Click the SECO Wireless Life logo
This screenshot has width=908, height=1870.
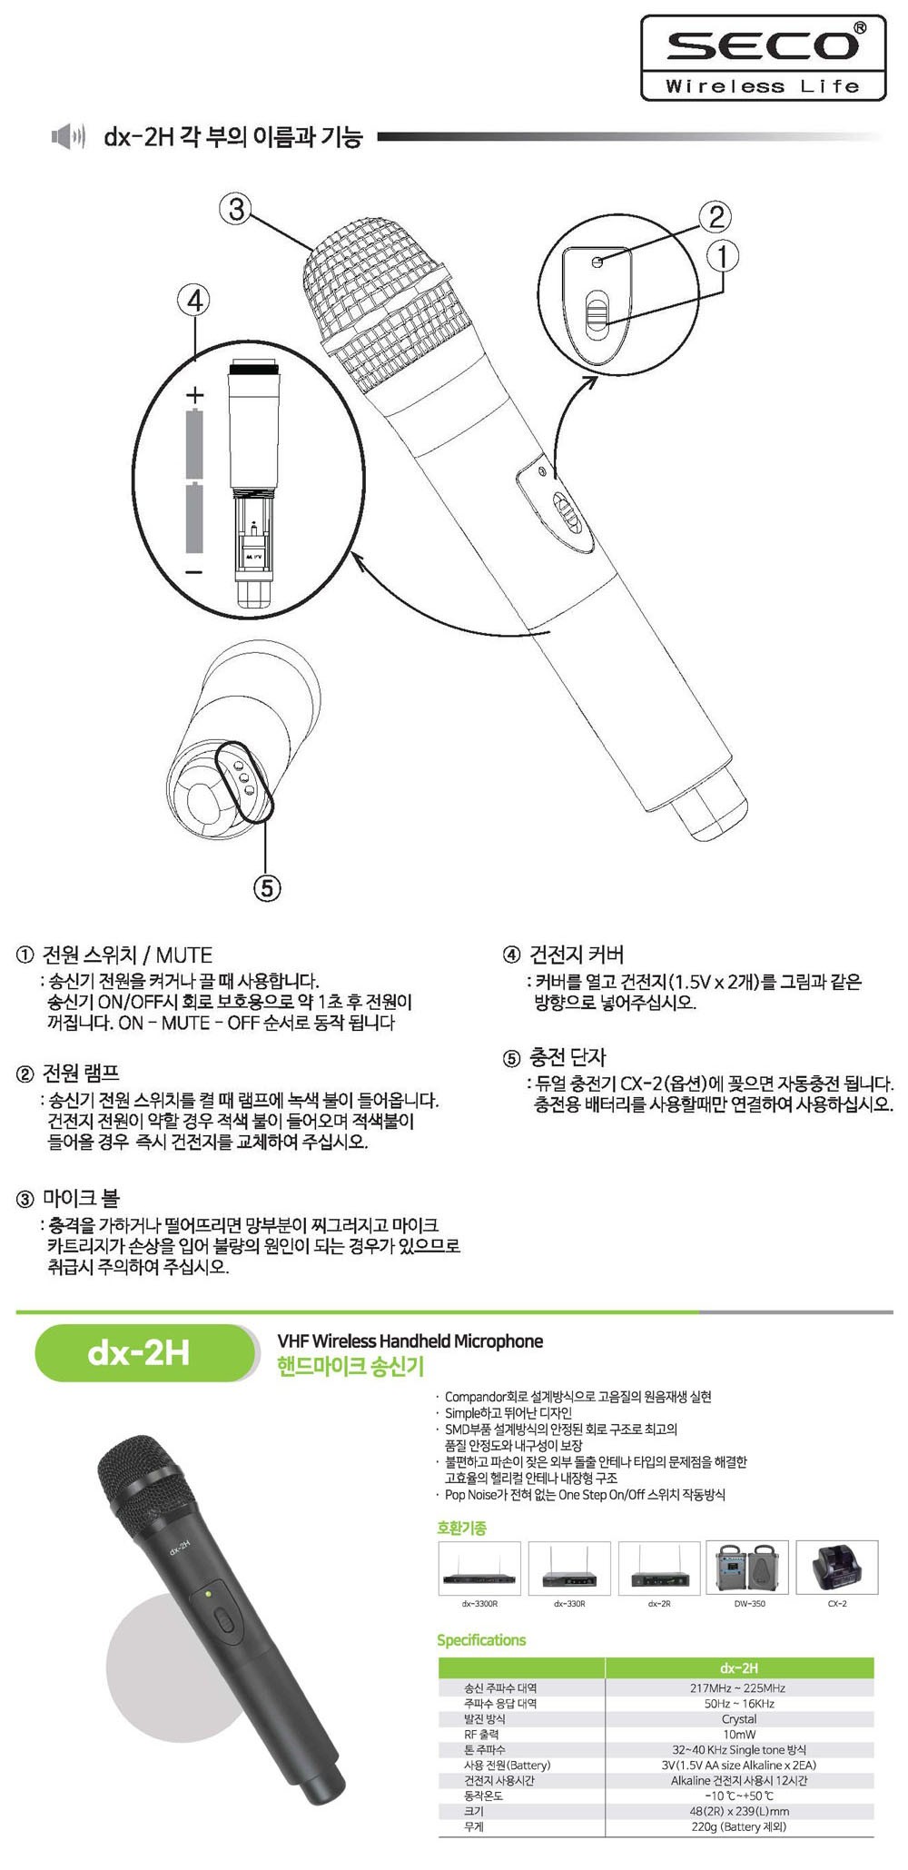[x=763, y=57]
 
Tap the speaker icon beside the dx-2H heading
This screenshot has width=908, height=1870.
[x=69, y=137]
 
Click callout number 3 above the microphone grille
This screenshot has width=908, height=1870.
[x=236, y=210]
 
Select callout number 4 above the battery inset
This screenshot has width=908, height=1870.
[x=194, y=300]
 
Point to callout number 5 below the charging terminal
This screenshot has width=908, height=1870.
[x=265, y=887]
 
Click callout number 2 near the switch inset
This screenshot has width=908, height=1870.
[x=716, y=216]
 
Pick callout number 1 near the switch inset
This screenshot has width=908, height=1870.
[x=723, y=256]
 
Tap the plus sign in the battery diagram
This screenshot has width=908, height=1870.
[x=194, y=395]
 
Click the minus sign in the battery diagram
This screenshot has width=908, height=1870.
[x=193, y=572]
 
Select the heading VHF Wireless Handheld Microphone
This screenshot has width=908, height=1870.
[x=410, y=1341]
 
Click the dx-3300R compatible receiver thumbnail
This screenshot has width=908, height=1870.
[x=479, y=1568]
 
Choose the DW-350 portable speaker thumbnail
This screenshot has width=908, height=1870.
[x=749, y=1568]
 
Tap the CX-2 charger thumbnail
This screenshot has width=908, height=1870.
[x=837, y=1568]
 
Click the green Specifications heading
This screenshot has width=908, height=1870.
[x=481, y=1639]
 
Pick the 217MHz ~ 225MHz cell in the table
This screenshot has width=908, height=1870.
[x=738, y=1687]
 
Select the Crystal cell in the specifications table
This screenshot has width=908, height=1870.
[x=739, y=1718]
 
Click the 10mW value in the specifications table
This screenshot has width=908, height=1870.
[x=739, y=1734]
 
